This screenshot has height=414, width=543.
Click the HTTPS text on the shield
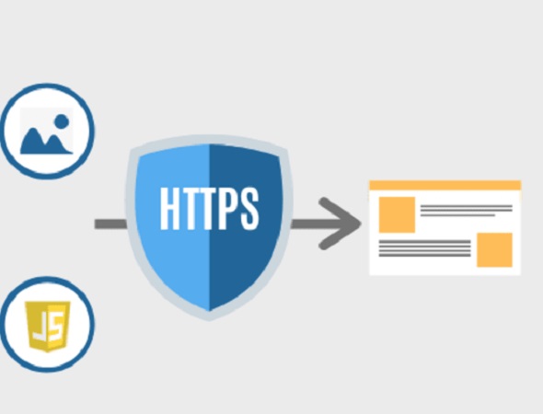[x=209, y=209]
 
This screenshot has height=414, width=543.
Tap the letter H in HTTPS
[x=169, y=209]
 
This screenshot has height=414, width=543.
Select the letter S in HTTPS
[x=249, y=209]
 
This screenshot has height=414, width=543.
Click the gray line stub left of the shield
[x=110, y=224]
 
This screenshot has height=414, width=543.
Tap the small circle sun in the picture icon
[x=62, y=121]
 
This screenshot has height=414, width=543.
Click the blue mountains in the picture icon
[x=46, y=142]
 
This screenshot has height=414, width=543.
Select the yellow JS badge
[x=48, y=327]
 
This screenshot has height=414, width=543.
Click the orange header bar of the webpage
[x=445, y=185]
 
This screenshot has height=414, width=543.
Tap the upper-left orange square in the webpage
[x=397, y=214]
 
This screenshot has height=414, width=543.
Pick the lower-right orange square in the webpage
[x=494, y=250]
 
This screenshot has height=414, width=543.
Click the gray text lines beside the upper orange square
[x=466, y=211]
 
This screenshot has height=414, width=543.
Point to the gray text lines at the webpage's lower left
[x=424, y=248]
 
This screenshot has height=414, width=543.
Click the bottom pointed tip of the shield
[x=209, y=320]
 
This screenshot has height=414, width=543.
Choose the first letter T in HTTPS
[x=190, y=209]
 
